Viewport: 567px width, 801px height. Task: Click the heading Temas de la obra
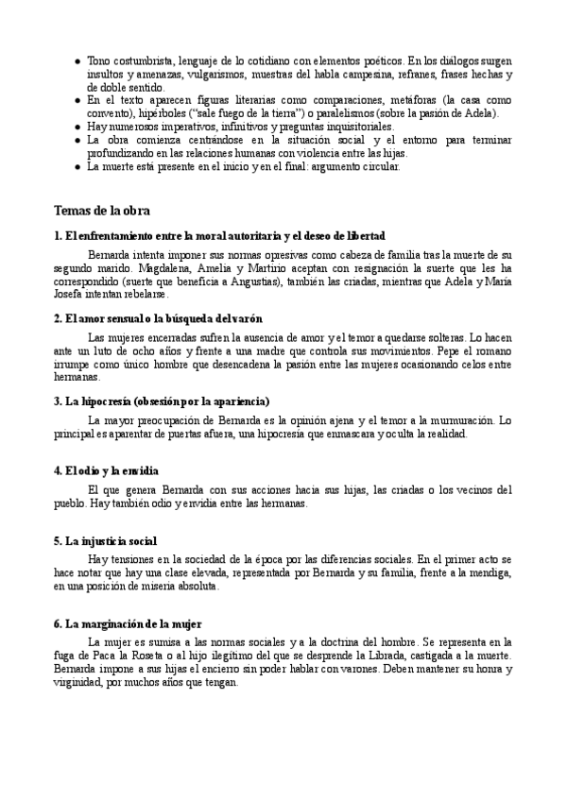(102, 210)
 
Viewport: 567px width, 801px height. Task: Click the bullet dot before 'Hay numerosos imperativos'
(77, 126)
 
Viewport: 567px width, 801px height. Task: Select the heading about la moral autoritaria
(220, 235)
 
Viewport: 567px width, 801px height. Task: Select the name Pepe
(461, 350)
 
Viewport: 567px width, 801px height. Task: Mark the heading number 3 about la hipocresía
(163, 400)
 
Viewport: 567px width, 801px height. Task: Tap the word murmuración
(462, 419)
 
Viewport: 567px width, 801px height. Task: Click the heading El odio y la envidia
(106, 469)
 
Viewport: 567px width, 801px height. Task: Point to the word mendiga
(490, 572)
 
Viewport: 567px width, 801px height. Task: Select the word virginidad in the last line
(82, 682)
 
